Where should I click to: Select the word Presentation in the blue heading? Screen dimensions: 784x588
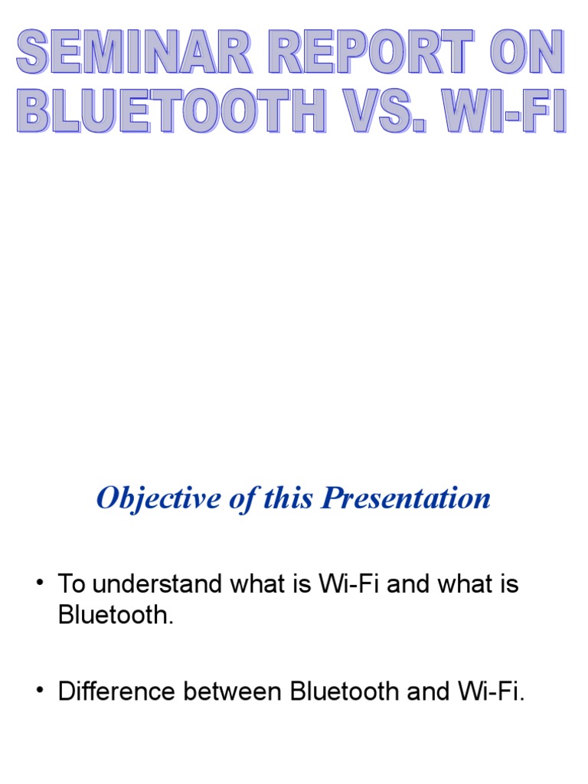click(x=406, y=498)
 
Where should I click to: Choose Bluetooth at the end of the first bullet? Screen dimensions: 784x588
click(x=115, y=616)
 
